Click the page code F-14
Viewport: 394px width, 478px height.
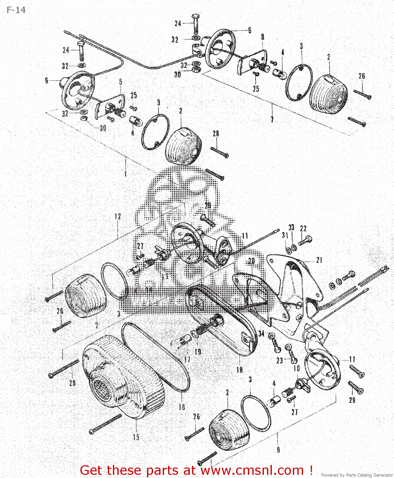(x=16, y=10)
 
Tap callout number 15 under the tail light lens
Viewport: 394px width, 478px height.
(x=136, y=437)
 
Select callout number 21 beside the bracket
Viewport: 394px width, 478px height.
(x=319, y=260)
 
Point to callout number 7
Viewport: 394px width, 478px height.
(x=272, y=119)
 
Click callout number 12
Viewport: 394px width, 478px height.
(x=118, y=216)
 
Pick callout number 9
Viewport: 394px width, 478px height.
(x=278, y=450)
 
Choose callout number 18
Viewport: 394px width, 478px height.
(x=240, y=370)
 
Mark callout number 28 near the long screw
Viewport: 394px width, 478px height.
(x=72, y=382)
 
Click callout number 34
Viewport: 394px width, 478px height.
(x=261, y=333)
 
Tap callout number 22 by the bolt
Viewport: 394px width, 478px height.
(x=303, y=228)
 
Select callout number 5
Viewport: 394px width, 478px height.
(x=121, y=82)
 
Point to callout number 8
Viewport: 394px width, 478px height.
(x=263, y=37)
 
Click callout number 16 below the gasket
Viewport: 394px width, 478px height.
(x=182, y=407)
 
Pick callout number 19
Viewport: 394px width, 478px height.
(x=198, y=351)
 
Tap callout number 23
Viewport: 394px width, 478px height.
(x=279, y=360)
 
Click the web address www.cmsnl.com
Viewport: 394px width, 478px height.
(x=252, y=470)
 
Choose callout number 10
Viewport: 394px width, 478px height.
(x=297, y=368)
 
